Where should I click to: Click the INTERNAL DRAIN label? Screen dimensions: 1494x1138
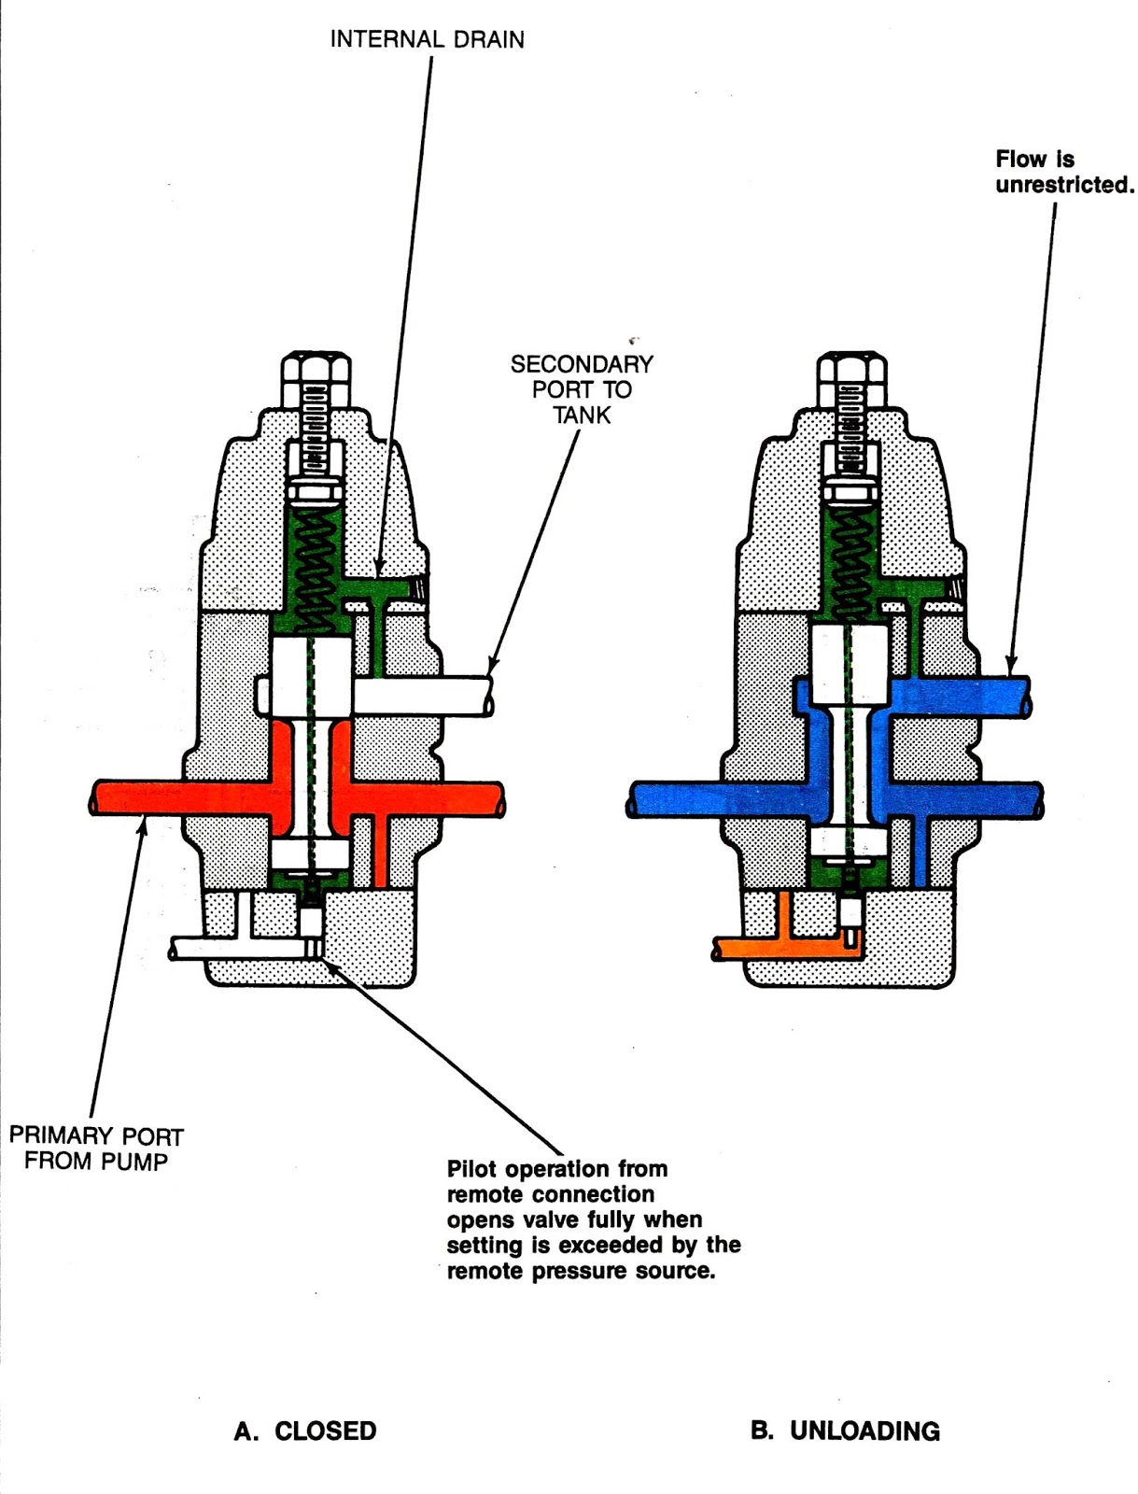click(427, 39)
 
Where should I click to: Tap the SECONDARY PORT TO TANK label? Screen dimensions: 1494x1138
click(581, 389)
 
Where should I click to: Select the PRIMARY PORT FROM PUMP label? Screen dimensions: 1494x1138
click(96, 1149)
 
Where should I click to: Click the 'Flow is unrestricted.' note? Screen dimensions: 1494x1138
click(1063, 172)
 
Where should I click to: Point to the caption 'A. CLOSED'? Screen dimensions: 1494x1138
click(305, 1431)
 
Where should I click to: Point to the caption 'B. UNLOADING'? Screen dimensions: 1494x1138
click(845, 1431)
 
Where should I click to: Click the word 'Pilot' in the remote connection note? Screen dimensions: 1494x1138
click(477, 1169)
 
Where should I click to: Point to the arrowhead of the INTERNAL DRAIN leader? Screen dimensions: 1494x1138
click(379, 569)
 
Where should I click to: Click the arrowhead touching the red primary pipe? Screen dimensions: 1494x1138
click(141, 821)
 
